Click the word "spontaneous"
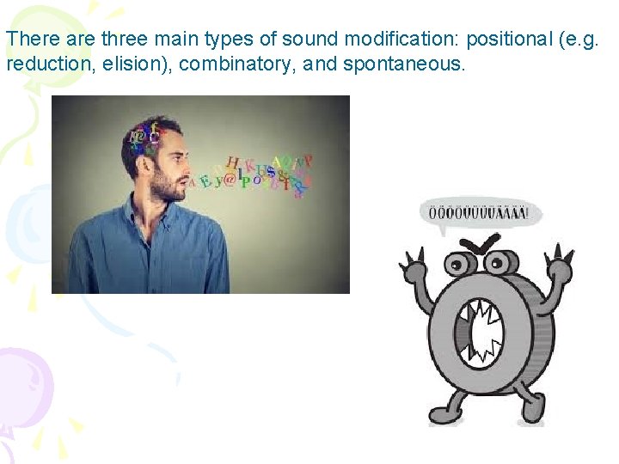pos(404,63)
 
